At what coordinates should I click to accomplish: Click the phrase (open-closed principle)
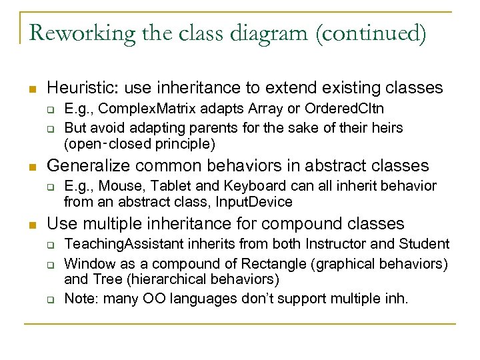139,143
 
